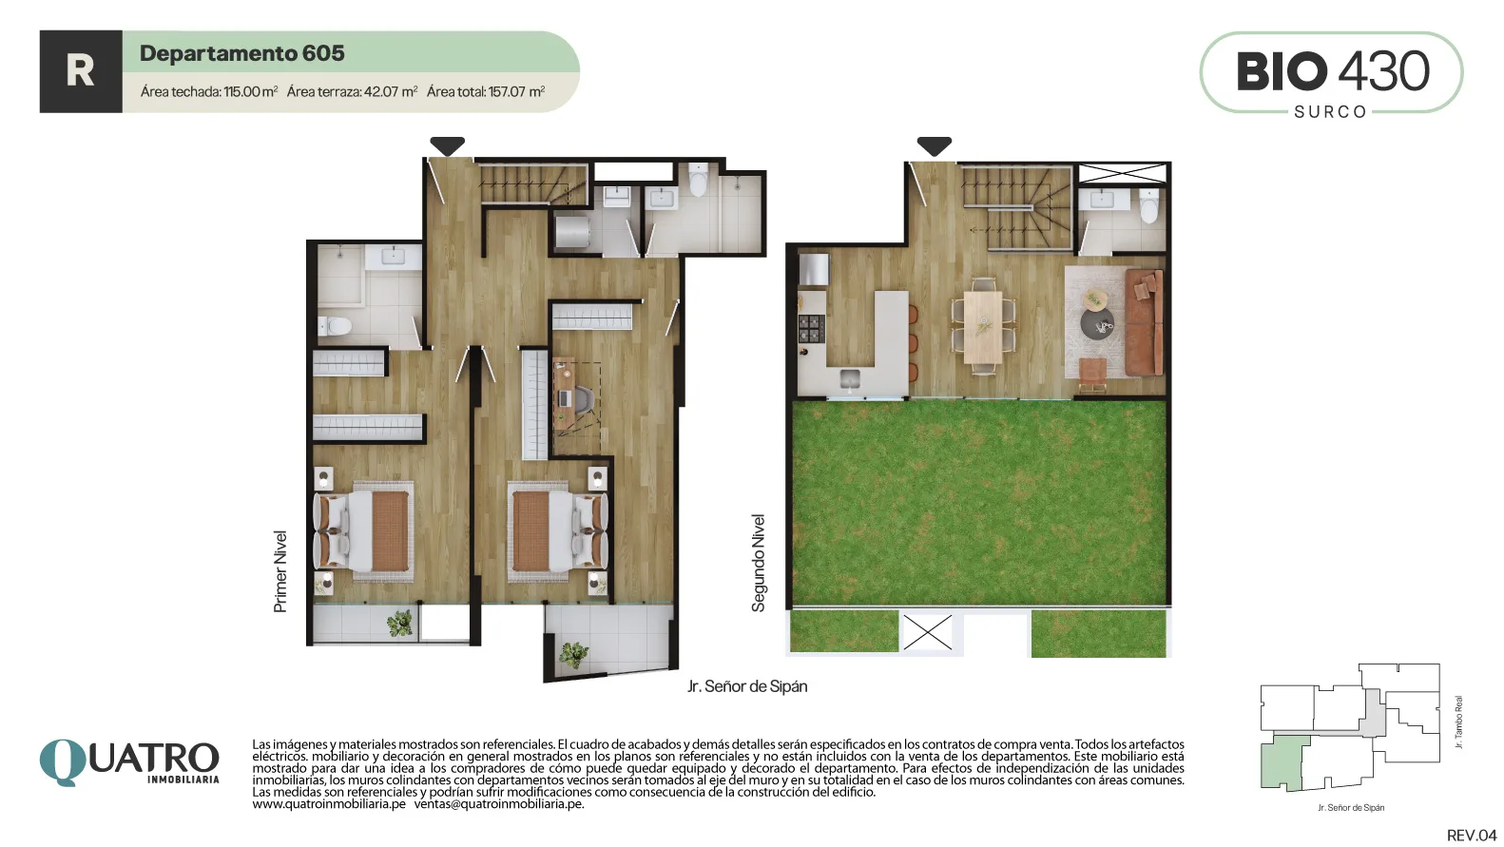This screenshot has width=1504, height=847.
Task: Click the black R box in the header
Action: (81, 71)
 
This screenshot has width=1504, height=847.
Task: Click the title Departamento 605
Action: (241, 53)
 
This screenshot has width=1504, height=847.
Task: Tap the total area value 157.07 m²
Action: (516, 91)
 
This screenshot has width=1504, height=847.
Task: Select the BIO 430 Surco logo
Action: (1331, 72)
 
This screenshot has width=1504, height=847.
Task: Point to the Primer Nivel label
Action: (280, 571)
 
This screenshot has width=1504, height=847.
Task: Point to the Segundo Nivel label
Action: (758, 563)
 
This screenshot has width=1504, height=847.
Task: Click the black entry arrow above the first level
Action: (447, 145)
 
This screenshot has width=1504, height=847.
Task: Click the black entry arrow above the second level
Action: (934, 145)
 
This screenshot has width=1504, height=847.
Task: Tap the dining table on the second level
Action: (983, 326)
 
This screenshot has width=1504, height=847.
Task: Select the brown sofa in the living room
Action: (1144, 322)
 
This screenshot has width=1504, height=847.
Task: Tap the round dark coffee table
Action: (1097, 324)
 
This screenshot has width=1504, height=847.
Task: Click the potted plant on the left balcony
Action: (400, 623)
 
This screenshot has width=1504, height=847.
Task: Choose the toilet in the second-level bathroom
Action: (1148, 205)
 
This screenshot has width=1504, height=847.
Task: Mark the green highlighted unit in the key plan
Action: (1284, 762)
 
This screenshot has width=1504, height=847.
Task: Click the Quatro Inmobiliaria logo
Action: (129, 762)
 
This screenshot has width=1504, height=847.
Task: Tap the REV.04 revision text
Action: (1472, 836)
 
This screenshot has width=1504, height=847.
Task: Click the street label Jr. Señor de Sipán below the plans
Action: (747, 686)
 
